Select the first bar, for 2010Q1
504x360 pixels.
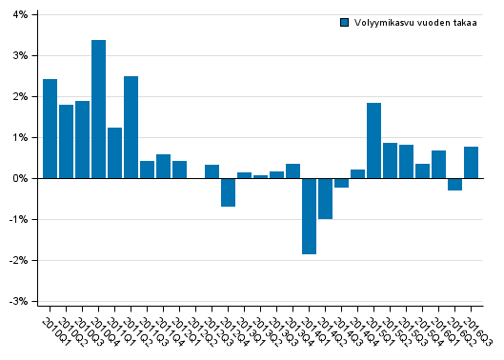tap(50, 129)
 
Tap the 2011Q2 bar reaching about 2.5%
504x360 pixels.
tap(131, 128)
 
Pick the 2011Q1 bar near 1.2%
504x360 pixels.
tap(114, 153)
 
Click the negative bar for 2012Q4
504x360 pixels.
tap(228, 192)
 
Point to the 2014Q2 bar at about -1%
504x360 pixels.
tap(325, 198)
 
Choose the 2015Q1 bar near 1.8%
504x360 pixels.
tap(373, 141)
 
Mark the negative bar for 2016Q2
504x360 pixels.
tap(454, 185)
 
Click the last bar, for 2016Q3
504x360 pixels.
tap(471, 163)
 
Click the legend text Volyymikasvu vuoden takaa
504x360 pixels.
tap(415, 23)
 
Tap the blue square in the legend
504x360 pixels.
tap(345, 23)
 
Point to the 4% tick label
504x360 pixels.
tap(20, 15)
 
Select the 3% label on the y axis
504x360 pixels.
tap(20, 56)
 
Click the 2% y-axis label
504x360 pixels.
tap(20, 97)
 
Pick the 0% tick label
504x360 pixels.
tap(20, 179)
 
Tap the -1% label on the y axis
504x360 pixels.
tap(18, 220)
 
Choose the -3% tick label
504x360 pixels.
tap(18, 302)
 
